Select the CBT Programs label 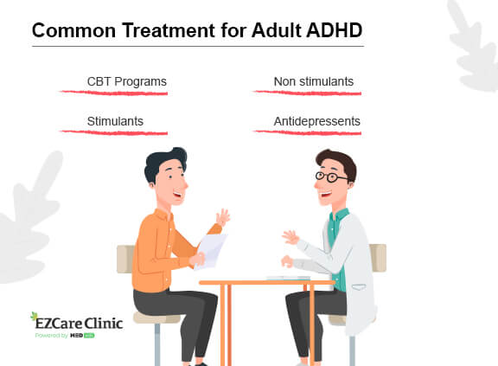click(126, 82)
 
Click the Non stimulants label click(313, 82)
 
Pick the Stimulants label click(115, 122)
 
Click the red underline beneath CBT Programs click(113, 92)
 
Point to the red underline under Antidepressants click(307, 132)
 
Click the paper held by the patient click(210, 249)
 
